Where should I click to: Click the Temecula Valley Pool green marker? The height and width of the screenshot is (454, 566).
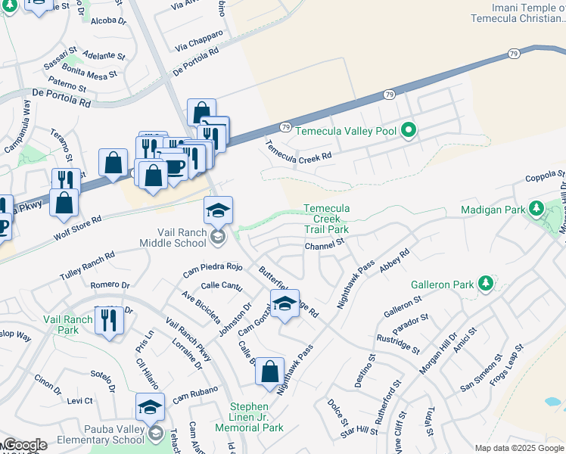click(x=409, y=131)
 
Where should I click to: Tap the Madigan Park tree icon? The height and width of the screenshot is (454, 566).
click(x=536, y=208)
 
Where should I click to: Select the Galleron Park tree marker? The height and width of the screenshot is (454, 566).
click(x=485, y=285)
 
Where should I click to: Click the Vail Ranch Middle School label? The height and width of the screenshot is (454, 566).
click(x=172, y=238)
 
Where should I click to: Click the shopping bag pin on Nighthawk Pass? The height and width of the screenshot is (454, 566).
click(x=270, y=372)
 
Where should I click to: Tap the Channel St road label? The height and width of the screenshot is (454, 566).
click(x=325, y=245)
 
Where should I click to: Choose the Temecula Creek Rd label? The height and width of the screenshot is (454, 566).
click(x=298, y=151)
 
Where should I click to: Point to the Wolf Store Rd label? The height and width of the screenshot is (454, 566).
click(x=78, y=227)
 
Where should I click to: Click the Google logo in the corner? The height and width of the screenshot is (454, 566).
click(x=24, y=445)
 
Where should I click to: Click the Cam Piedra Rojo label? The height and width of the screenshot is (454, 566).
click(x=212, y=267)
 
